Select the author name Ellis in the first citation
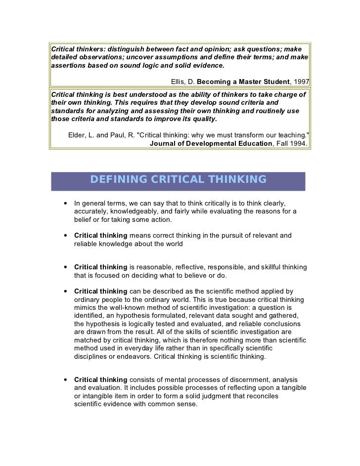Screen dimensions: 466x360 (179, 81)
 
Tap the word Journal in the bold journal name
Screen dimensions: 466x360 (164, 144)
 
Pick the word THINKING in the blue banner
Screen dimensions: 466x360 (237, 179)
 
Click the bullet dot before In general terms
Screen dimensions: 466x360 (65, 204)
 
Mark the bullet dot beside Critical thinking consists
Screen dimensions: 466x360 (65, 380)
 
